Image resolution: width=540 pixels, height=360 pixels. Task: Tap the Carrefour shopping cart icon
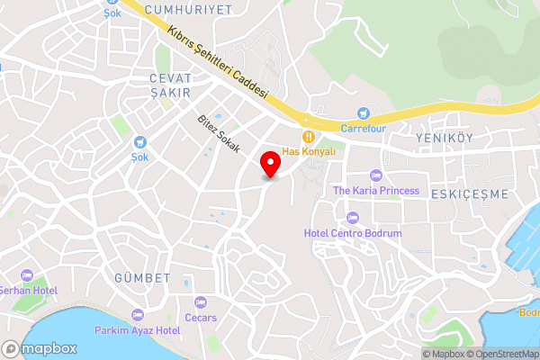364,113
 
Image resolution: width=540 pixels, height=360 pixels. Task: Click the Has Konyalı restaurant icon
309,137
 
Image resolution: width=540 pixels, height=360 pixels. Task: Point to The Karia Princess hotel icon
376,175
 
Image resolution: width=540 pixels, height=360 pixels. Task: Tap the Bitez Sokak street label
220,133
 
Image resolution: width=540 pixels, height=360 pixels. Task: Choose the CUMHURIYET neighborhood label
193,9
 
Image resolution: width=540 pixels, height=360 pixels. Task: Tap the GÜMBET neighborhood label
142,278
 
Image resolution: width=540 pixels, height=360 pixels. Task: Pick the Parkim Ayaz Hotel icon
137,315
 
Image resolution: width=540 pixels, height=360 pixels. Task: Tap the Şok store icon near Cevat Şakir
139,141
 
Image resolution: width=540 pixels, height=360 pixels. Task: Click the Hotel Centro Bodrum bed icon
352,218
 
